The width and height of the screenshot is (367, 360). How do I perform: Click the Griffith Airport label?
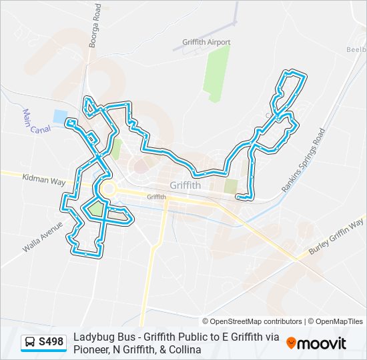[206, 42]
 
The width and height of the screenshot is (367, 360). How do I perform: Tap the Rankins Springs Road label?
[302, 161]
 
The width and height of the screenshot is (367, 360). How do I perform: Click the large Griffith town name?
[186, 186]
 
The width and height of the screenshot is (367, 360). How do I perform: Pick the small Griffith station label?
[156, 197]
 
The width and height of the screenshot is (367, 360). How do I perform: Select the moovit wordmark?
[322, 343]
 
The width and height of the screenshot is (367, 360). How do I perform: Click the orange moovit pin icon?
[291, 343]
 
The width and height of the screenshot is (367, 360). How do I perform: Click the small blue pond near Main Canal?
[60, 117]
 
